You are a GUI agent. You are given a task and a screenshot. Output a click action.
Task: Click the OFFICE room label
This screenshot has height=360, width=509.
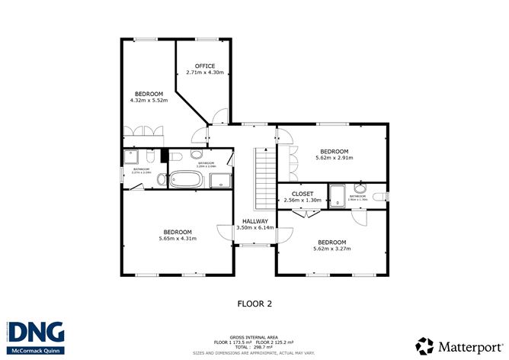click(x=204, y=66)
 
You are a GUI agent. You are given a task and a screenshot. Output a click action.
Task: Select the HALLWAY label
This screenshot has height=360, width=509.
click(x=255, y=221)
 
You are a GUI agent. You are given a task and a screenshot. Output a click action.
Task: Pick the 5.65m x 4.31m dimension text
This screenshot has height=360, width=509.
click(x=176, y=238)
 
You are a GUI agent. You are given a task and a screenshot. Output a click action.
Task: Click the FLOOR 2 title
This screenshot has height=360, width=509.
click(x=254, y=303)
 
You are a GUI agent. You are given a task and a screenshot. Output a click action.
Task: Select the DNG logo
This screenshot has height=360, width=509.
click(x=36, y=333)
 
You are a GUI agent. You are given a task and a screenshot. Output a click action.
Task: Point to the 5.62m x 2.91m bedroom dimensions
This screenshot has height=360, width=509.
click(x=334, y=158)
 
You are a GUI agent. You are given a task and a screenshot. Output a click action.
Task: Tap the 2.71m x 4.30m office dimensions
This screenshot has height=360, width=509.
click(x=204, y=72)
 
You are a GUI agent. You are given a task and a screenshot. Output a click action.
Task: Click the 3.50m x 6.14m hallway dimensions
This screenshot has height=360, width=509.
click(x=255, y=228)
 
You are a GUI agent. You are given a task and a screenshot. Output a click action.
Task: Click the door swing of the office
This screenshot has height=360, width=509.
click(x=219, y=116)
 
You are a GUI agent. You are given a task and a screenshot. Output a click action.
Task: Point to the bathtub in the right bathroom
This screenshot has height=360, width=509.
click(x=338, y=195)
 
